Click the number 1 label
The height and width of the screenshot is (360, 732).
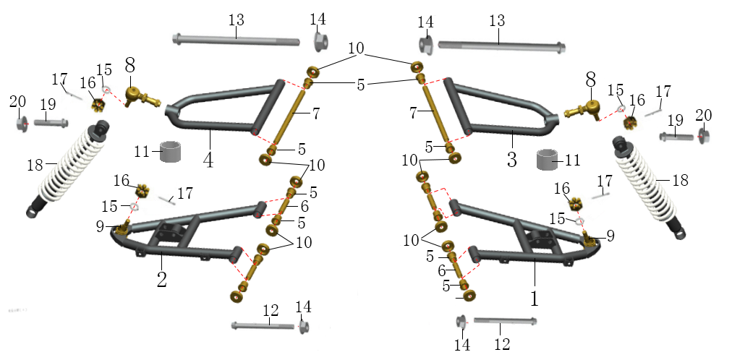(x=535, y=298)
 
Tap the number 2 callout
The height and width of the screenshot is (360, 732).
(x=161, y=279)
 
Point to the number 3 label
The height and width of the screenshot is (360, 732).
(x=512, y=160)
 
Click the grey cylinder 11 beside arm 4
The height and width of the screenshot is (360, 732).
(x=171, y=152)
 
